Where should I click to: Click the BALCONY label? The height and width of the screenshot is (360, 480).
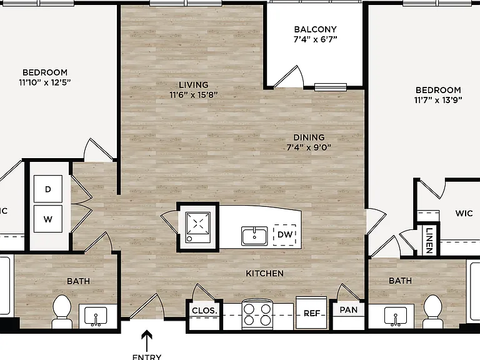[x=315, y=29]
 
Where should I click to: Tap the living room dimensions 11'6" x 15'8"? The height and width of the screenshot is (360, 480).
[x=194, y=95]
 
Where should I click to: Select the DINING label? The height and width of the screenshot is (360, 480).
[x=309, y=137]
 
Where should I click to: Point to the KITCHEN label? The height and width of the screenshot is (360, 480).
[x=264, y=273]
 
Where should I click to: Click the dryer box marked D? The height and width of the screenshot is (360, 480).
[x=47, y=189]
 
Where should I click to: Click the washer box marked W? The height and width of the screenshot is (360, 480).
[x=47, y=219]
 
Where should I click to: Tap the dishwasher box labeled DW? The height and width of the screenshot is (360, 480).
[x=285, y=235]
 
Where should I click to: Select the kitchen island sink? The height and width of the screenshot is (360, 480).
[x=254, y=236]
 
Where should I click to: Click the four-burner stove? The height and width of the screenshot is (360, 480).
[x=257, y=314]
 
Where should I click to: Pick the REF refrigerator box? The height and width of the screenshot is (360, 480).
[x=311, y=313]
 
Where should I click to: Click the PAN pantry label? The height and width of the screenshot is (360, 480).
[x=348, y=310]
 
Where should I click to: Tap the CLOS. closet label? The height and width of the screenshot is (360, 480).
[x=204, y=311]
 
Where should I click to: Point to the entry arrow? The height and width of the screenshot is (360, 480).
[x=147, y=341]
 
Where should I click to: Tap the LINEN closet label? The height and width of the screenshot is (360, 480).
[x=429, y=241]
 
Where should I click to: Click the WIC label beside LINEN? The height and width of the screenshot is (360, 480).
[x=464, y=213]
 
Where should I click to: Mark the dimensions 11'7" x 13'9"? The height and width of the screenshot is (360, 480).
[x=438, y=100]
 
